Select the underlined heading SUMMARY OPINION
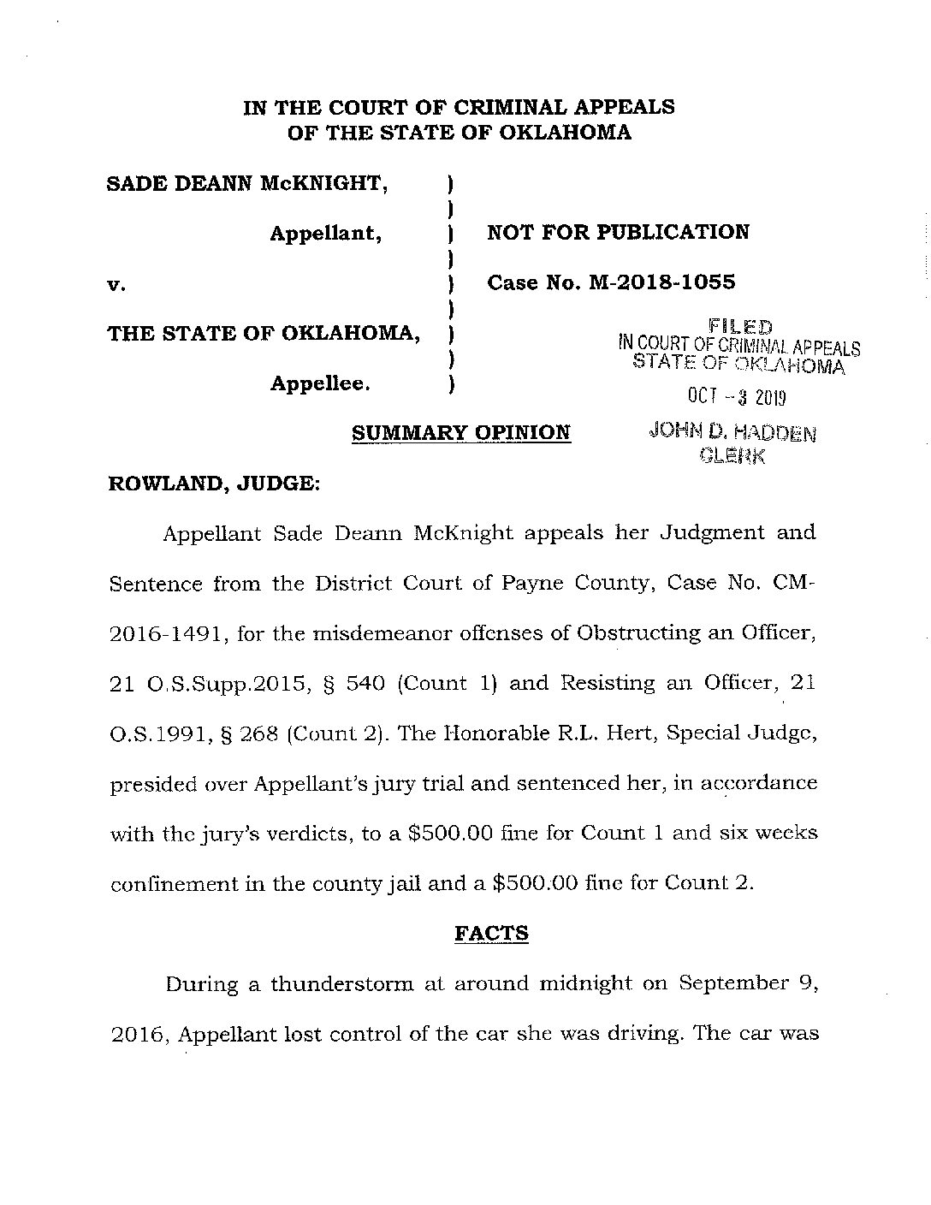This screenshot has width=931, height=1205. pyautogui.click(x=460, y=433)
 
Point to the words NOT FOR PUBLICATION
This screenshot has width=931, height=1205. pyautogui.click(x=618, y=232)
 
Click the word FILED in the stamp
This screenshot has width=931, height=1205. pyautogui.click(x=740, y=327)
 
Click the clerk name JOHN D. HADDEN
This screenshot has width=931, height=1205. pyautogui.click(x=732, y=433)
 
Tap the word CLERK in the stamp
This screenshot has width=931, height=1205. pyautogui.click(x=732, y=456)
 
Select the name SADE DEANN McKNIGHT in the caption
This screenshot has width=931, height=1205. pyautogui.click(x=246, y=183)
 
